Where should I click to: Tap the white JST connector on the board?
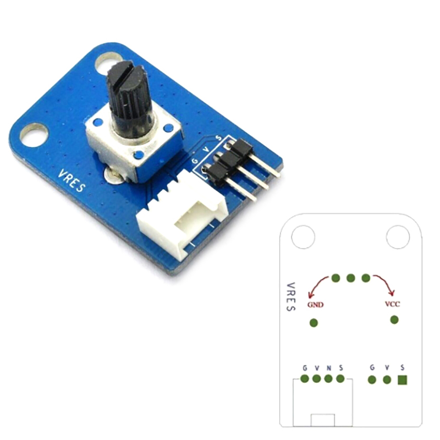[183, 216]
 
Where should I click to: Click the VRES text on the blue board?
[71, 181]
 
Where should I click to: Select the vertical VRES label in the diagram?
[291, 296]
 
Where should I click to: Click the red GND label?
[315, 305]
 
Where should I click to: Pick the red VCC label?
[392, 304]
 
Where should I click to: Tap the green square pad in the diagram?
[403, 380]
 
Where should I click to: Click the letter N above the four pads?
[329, 368]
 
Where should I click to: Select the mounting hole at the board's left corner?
[34, 135]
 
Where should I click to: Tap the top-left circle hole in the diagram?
[303, 237]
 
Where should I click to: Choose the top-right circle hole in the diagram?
[398, 237]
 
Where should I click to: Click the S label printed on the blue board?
[218, 138]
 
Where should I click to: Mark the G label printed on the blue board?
[195, 161]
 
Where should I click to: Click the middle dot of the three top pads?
[351, 278]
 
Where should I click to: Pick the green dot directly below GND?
[313, 323]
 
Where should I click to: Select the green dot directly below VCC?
[394, 320]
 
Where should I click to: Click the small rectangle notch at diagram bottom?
[323, 420]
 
